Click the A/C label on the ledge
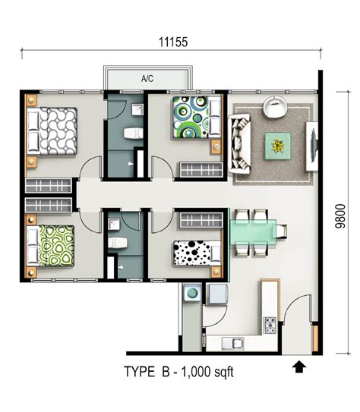(x=147, y=78)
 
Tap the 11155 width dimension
(x=173, y=42)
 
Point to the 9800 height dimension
(x=340, y=216)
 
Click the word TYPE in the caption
(x=139, y=372)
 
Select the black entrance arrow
(x=299, y=366)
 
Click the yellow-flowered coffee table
(x=278, y=146)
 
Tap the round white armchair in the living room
(x=275, y=106)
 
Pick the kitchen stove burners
(x=270, y=326)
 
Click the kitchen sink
(x=232, y=344)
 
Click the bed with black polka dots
(x=197, y=253)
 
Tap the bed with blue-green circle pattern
(x=197, y=118)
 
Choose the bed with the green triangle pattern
(x=50, y=246)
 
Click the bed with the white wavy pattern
(x=52, y=131)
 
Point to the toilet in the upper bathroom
(x=134, y=134)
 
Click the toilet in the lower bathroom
(x=118, y=243)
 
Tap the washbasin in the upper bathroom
(x=137, y=109)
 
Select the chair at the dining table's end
(x=281, y=231)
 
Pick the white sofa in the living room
(x=239, y=143)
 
